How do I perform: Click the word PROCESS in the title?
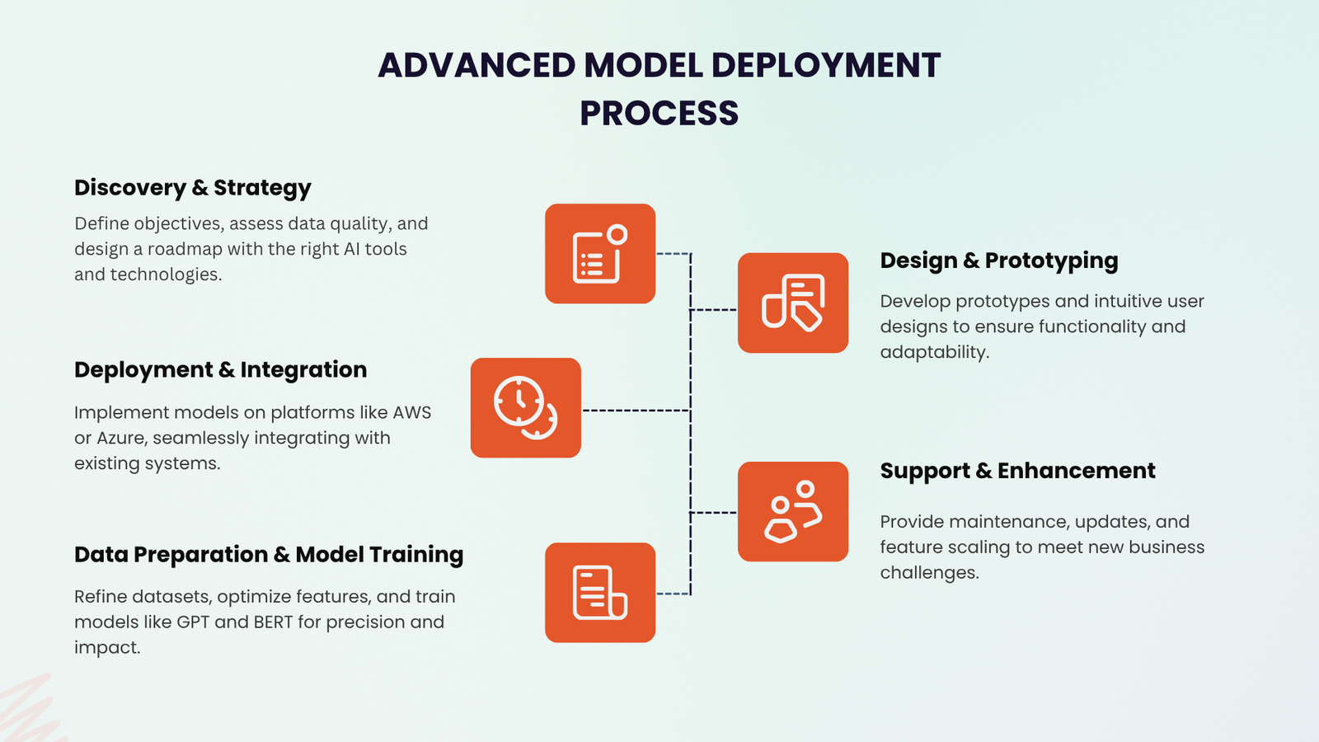coord(659,113)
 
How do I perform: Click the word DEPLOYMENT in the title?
coord(825,65)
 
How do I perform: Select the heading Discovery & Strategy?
coord(193,188)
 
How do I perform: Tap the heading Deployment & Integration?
coord(220,369)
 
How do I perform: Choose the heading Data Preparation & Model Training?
coord(269,554)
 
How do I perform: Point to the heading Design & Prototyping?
coord(998,261)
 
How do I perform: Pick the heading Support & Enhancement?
coord(1017,471)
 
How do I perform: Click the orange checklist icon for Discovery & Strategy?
coord(600,254)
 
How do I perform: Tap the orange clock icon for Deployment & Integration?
coord(526,408)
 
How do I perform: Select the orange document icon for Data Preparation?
coord(600,593)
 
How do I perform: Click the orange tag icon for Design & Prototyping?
coord(793,303)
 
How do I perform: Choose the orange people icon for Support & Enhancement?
coord(793,512)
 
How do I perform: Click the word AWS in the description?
coord(411,412)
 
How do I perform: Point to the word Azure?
coord(121,438)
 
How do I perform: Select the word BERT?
coord(273,622)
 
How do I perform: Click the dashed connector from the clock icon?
coord(635,410)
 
